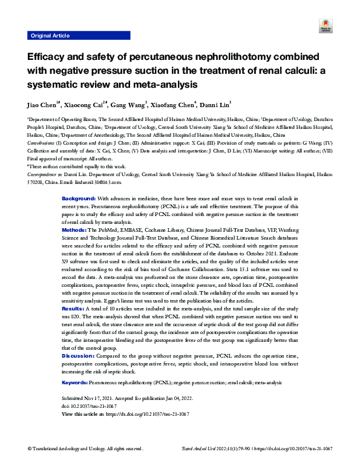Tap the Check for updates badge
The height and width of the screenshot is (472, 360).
tap(322, 26)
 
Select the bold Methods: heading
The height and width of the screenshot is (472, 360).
tap(75, 231)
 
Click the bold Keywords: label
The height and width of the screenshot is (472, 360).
tap(76, 383)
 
